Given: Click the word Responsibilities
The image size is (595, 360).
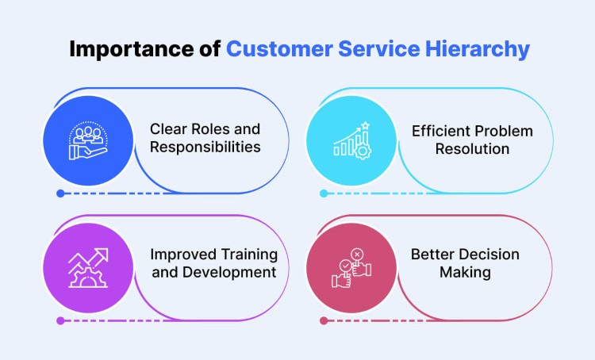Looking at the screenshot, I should [205, 147].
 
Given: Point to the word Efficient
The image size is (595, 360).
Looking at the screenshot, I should [440, 130].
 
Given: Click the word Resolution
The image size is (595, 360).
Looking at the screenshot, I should [472, 147].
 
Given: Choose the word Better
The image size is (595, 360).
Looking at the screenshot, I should [432, 255].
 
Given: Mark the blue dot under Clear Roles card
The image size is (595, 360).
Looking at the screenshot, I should [60, 193].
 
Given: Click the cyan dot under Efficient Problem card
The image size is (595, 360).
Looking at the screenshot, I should [323, 193].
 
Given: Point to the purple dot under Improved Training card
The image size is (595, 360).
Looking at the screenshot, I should [60, 320].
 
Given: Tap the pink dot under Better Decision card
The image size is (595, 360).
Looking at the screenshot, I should [323, 320].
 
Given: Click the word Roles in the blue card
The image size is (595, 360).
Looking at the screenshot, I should [212, 129].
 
